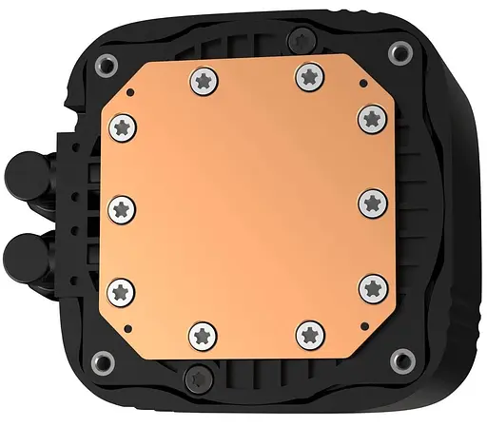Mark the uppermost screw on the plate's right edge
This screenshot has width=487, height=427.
click(370, 118)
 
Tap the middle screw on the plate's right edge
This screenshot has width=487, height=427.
click(370, 203)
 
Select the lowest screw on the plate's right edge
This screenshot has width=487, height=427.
click(370, 287)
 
